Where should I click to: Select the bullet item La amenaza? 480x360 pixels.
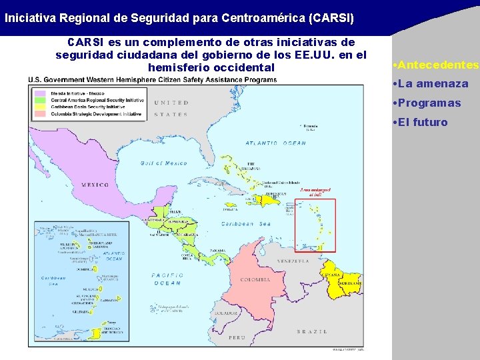click(x=433, y=85)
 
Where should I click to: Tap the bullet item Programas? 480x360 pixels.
click(x=429, y=103)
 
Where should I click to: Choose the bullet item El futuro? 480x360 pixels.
click(x=422, y=123)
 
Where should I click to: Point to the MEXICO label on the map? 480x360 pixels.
click(x=95, y=185)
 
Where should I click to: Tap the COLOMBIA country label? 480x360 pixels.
click(x=255, y=279)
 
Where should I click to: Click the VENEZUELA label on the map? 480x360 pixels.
click(x=294, y=261)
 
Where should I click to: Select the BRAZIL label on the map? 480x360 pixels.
click(x=312, y=331)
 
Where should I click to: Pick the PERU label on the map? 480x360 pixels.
click(x=237, y=337)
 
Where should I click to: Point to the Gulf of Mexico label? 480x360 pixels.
click(x=163, y=163)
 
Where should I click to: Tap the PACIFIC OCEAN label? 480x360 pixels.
click(x=167, y=279)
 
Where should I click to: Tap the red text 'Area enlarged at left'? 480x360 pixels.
click(x=315, y=192)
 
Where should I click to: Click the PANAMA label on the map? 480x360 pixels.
click(x=218, y=250)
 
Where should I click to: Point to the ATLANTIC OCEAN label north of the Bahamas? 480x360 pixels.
click(x=275, y=143)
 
